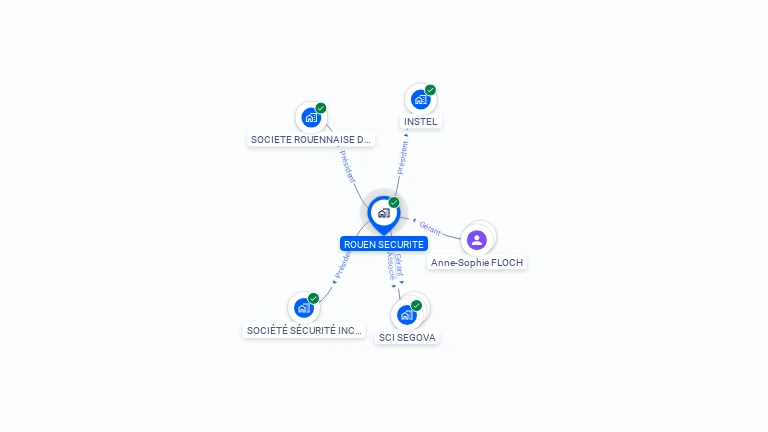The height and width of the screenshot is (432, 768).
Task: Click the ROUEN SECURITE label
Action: (x=384, y=244)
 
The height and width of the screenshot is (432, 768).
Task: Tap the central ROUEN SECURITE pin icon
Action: (x=383, y=213)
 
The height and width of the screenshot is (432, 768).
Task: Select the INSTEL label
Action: (x=421, y=122)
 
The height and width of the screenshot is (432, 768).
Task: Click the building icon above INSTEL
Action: (x=421, y=100)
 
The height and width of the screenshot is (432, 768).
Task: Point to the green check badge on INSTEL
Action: (x=431, y=90)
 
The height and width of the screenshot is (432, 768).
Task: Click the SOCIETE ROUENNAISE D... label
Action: (x=311, y=140)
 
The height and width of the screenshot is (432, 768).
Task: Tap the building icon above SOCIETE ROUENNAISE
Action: (x=311, y=118)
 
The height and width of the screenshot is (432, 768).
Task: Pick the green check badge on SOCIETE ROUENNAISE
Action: (x=321, y=108)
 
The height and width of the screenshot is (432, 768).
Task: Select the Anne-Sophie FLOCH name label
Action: (x=477, y=262)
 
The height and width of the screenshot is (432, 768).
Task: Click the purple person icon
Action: (x=477, y=240)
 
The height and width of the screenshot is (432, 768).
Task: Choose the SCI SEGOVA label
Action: (x=407, y=337)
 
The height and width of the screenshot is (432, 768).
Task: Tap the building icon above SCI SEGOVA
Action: (x=406, y=315)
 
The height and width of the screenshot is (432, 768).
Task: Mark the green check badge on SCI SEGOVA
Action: (x=416, y=305)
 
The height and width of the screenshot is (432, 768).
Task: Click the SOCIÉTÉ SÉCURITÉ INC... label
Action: (x=304, y=330)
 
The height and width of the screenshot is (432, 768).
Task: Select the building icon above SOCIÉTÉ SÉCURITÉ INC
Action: (x=304, y=308)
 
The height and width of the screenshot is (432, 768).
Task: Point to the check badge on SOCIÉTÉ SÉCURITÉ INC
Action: (x=314, y=298)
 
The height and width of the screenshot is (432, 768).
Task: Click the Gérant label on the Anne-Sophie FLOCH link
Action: (x=431, y=227)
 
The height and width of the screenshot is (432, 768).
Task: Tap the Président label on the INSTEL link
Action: (x=403, y=158)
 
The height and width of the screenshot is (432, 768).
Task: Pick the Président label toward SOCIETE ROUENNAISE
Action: (x=347, y=166)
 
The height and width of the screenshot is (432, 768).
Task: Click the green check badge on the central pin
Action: (x=394, y=202)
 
